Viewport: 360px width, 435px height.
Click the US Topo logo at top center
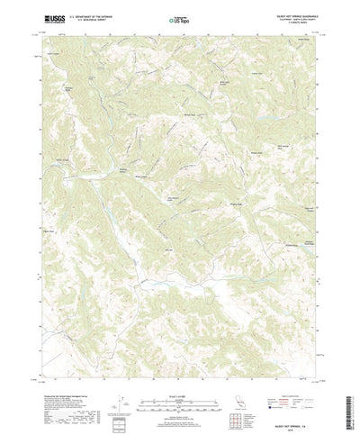point(179,19)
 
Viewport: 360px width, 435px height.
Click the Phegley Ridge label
point(217,208)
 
